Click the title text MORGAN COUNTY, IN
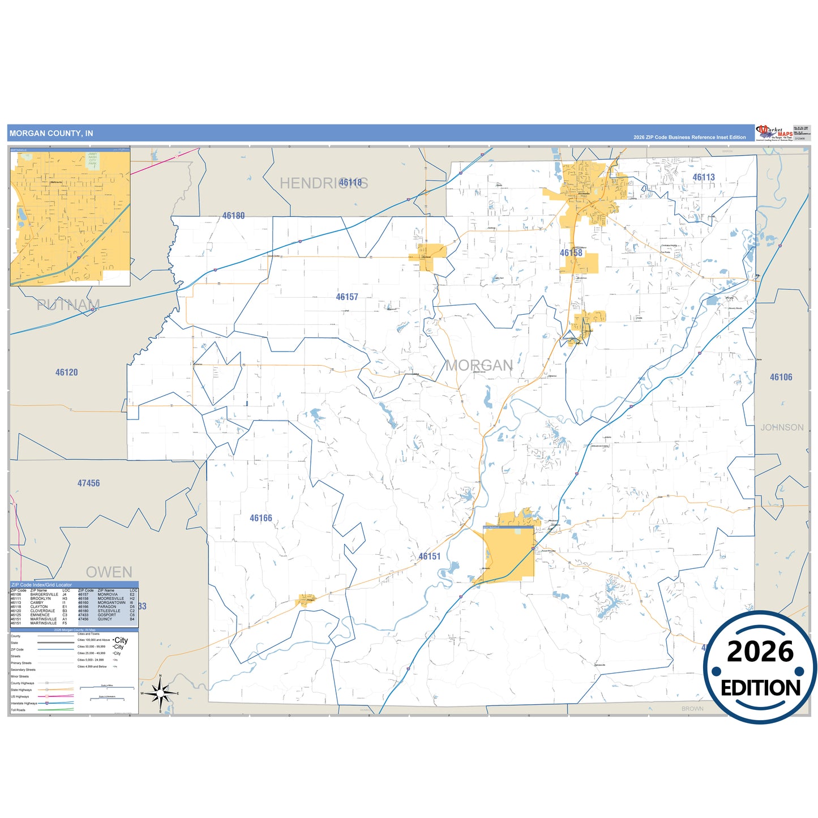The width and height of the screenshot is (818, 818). point(52,134)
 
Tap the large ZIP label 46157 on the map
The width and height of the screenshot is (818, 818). point(347,297)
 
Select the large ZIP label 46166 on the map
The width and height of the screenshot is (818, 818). point(261,518)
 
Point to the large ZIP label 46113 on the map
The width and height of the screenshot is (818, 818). point(704,177)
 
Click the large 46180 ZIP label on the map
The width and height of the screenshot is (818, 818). point(233,216)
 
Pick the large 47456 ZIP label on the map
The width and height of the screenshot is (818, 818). point(88,483)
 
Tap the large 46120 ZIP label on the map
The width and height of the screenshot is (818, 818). point(67,372)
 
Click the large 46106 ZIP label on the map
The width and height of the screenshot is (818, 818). point(781,377)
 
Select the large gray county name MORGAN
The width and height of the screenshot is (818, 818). point(479,366)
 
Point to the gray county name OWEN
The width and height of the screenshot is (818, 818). point(109,572)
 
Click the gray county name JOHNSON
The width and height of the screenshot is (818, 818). point(782,427)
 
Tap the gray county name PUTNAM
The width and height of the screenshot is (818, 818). point(68,305)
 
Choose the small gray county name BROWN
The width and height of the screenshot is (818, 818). point(692,709)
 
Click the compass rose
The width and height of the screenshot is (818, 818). point(160,693)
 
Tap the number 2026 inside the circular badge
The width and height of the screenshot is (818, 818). point(760,652)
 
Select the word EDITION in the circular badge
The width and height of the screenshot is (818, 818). point(760,688)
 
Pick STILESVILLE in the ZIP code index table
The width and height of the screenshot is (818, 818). point(109,611)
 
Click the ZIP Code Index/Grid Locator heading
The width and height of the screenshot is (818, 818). point(42,585)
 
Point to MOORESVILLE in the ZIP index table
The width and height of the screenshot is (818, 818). point(110,598)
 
